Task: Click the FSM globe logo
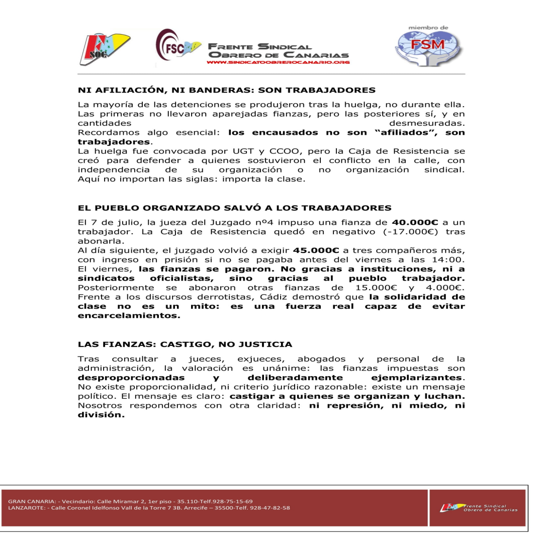click(x=428, y=46)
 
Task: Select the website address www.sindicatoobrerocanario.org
click(x=278, y=62)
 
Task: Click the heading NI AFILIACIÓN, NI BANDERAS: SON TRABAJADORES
click(x=227, y=90)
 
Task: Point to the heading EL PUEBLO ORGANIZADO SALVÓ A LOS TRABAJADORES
click(x=234, y=208)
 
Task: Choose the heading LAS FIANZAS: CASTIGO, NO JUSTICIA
click(x=185, y=344)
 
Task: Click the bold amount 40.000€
click(x=415, y=222)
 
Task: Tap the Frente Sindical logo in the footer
click(x=478, y=508)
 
